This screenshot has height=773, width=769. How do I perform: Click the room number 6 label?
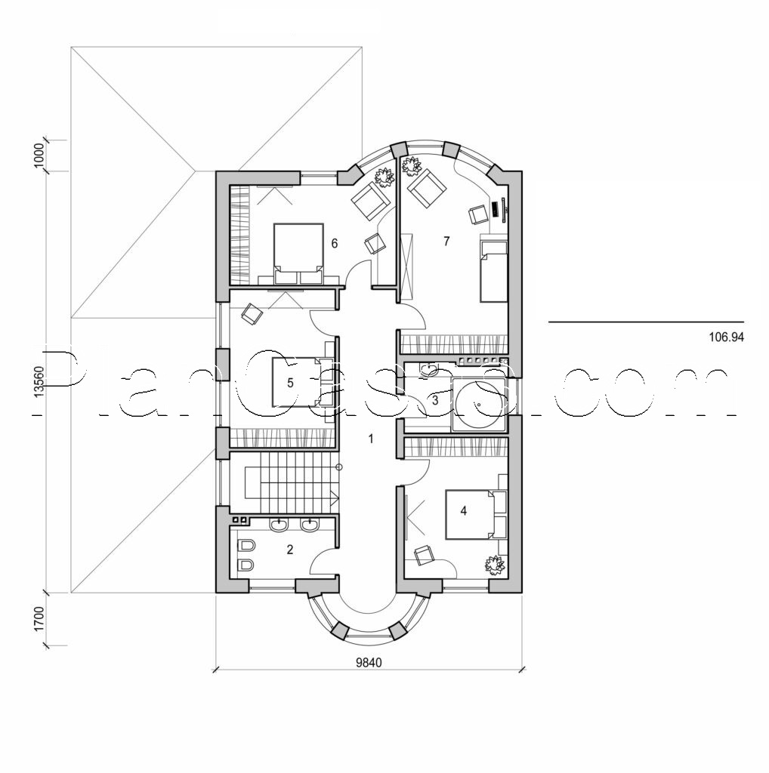[x=333, y=243]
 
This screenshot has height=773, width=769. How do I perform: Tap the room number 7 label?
[x=446, y=242]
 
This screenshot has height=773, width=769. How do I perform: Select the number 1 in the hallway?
[x=371, y=439]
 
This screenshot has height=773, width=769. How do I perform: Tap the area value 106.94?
[x=726, y=338]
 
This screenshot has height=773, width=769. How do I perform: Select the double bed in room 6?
[x=297, y=251]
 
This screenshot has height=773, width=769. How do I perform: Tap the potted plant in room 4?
[x=494, y=563]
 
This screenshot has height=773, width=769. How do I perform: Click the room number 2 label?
[x=290, y=549]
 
